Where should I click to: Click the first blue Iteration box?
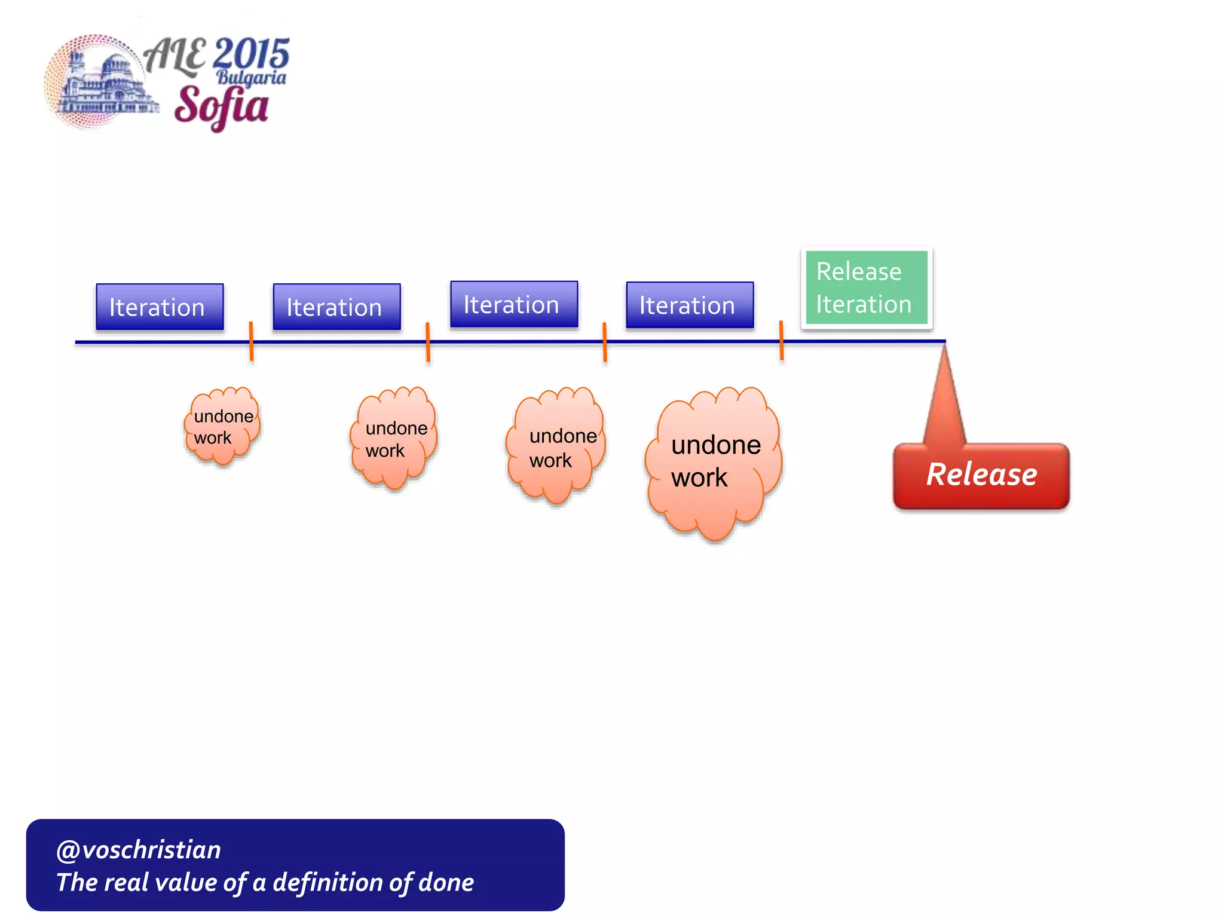pyautogui.click(x=160, y=307)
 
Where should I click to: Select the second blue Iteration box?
pyautogui.click(x=336, y=307)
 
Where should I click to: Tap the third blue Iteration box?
pyautogui.click(x=514, y=304)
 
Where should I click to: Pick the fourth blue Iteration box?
pyautogui.click(x=690, y=305)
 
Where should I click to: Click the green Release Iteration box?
pyautogui.click(x=866, y=287)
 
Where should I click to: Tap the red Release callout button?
pyautogui.click(x=981, y=475)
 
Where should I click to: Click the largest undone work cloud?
pyautogui.click(x=714, y=461)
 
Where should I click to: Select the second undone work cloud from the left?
pyautogui.click(x=394, y=438)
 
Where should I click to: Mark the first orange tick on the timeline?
pyautogui.click(x=251, y=341)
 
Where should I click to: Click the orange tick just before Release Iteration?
pyautogui.click(x=781, y=341)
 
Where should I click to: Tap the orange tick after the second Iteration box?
pyautogui.click(x=428, y=342)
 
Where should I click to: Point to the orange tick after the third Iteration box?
pyautogui.click(x=605, y=342)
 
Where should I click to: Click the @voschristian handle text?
pyautogui.click(x=139, y=850)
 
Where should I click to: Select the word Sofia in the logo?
pyautogui.click(x=221, y=106)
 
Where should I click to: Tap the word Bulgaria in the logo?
pyautogui.click(x=251, y=78)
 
